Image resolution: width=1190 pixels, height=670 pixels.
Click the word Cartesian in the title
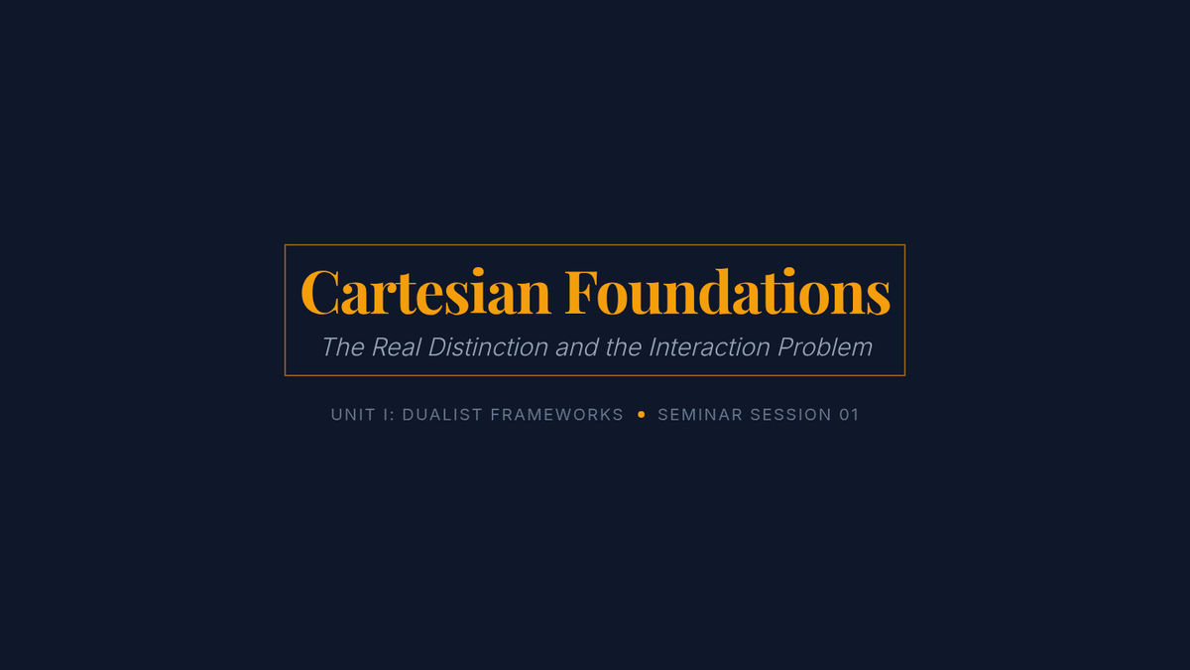pyautogui.click(x=425, y=292)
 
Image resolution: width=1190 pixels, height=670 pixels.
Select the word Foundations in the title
pyautogui.click(x=727, y=292)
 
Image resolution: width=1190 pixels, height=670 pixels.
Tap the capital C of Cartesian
pyautogui.click(x=319, y=293)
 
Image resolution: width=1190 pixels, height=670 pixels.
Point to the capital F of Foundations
pyautogui.click(x=581, y=293)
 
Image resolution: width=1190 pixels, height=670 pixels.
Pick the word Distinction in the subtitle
pyautogui.click(x=488, y=347)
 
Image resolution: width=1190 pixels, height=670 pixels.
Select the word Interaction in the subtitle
pyautogui.click(x=709, y=347)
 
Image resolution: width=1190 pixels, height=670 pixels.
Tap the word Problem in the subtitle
pyautogui.click(x=825, y=347)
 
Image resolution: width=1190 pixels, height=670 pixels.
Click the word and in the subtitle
pyautogui.click(x=577, y=347)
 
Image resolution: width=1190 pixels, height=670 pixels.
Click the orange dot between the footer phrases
pyautogui.click(x=642, y=415)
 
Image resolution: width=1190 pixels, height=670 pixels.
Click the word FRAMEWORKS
pyautogui.click(x=556, y=415)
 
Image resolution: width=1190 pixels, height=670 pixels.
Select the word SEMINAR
pyautogui.click(x=700, y=415)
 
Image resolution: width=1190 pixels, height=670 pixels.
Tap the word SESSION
pyautogui.click(x=790, y=415)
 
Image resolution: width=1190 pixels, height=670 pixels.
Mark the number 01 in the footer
pyautogui.click(x=849, y=415)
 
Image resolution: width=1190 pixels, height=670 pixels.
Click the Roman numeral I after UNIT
pyautogui.click(x=387, y=415)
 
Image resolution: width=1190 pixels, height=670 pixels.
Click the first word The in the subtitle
pyautogui.click(x=343, y=347)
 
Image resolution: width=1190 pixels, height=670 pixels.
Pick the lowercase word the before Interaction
pyautogui.click(x=624, y=347)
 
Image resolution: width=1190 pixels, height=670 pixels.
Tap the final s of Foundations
pyautogui.click(x=879, y=301)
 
